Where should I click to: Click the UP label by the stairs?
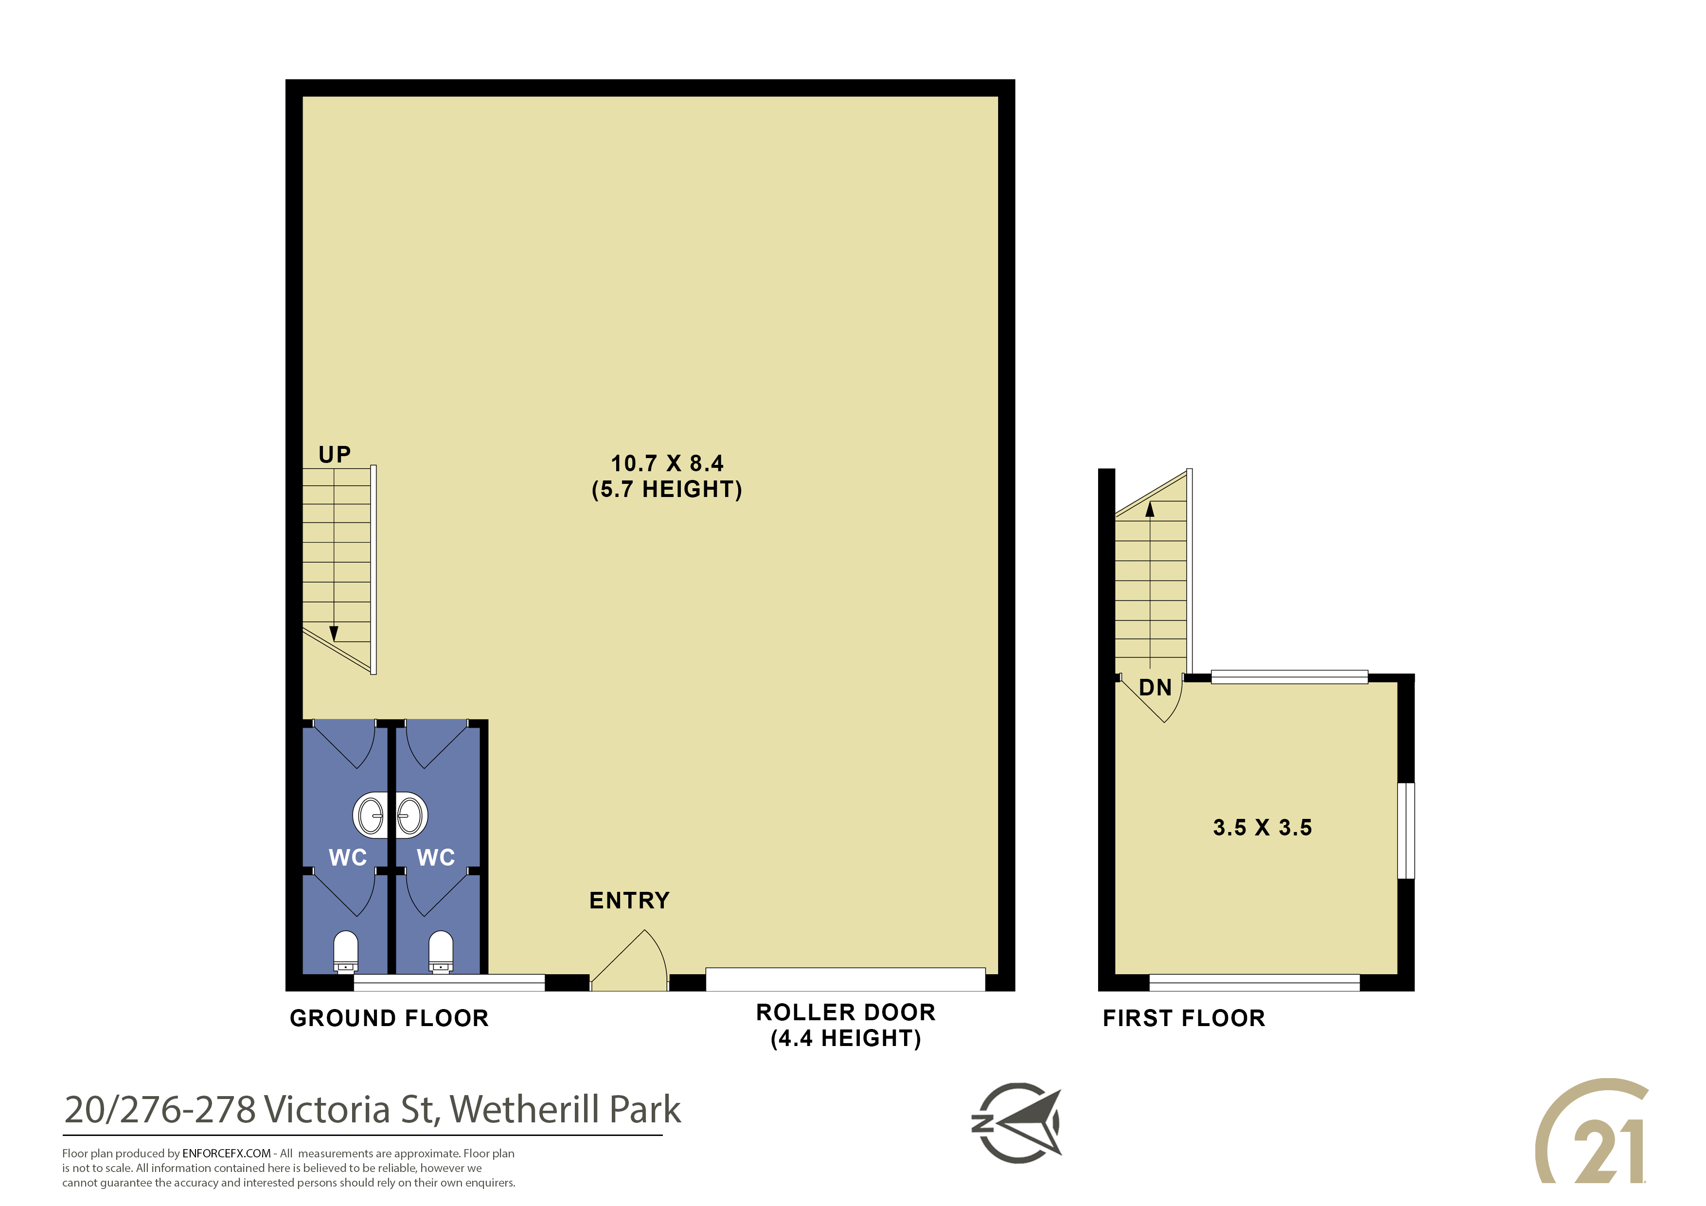335,455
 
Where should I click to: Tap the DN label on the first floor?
1155,688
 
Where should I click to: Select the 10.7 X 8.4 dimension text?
667,463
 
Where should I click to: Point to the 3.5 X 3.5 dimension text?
1262,828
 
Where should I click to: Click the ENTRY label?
629,901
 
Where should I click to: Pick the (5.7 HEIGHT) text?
667,490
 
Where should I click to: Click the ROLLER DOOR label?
846,1013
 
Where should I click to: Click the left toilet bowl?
345,952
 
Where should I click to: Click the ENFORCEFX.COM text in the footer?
227,1154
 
